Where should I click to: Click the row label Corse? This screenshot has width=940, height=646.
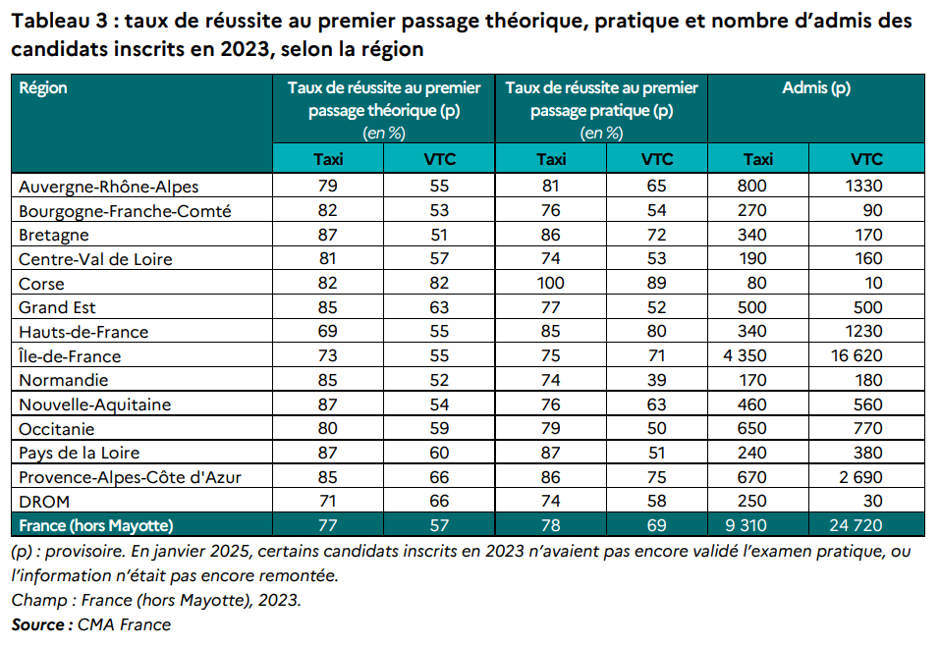point(42,284)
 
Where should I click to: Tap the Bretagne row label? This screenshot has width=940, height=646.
point(55,235)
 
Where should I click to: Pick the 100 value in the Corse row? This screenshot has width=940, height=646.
point(551,284)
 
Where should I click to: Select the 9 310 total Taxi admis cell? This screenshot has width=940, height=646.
point(757,525)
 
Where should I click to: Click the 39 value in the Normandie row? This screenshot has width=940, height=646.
point(657,380)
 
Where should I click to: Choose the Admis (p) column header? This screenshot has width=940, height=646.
point(815,88)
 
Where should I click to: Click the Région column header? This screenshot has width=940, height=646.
point(43,88)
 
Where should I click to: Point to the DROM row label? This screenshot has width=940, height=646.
point(44,502)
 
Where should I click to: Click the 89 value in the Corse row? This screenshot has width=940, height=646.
point(657,284)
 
